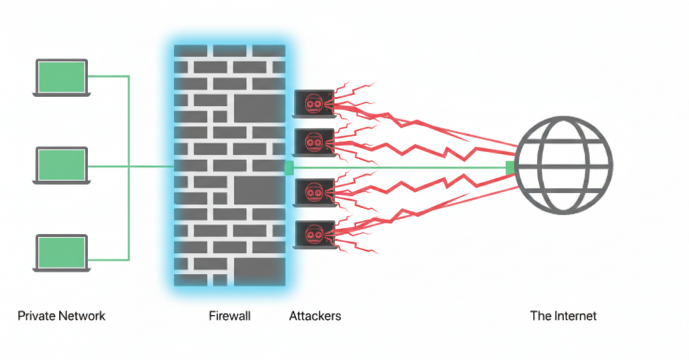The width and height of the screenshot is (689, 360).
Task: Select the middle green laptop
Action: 61,166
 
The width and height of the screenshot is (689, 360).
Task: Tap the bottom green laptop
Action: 61,253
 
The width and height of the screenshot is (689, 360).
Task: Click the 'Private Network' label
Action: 61,316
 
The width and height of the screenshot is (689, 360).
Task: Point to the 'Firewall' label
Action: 229,316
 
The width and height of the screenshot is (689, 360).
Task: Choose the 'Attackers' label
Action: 315,316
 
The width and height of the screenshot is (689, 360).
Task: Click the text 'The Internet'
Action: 563,316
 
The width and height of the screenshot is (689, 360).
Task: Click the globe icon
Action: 564,166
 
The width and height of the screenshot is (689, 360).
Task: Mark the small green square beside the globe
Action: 510,167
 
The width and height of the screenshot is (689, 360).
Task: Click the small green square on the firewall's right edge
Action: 289,168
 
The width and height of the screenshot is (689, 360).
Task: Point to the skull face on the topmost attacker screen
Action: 314,102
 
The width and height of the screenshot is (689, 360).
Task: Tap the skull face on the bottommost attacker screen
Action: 314,232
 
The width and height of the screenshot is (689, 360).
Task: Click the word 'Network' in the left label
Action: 82,316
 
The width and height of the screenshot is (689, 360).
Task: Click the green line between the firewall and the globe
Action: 404,167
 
